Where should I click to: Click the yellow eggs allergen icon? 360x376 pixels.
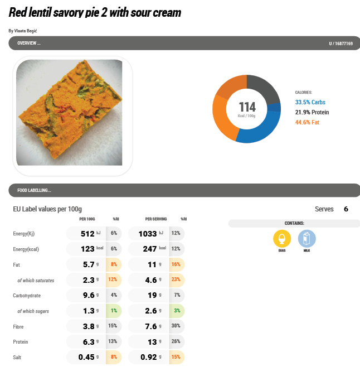tap(282, 239)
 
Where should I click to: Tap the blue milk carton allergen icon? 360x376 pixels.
tap(307, 239)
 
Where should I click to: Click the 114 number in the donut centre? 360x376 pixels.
tap(247, 107)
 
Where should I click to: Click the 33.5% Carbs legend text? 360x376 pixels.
tap(310, 102)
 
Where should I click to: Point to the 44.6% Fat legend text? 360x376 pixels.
tap(307, 122)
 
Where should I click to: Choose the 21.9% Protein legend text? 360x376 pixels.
tap(312, 112)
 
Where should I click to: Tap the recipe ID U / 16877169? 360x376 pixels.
tap(340, 43)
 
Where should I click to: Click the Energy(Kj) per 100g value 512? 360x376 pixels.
tap(88, 234)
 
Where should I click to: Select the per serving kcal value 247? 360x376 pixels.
tap(151, 249)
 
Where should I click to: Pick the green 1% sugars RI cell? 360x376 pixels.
tap(114, 311)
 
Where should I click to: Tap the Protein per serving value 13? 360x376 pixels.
tap(152, 341)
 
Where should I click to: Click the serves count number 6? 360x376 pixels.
tap(346, 209)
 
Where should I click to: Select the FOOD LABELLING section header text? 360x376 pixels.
tap(34, 190)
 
